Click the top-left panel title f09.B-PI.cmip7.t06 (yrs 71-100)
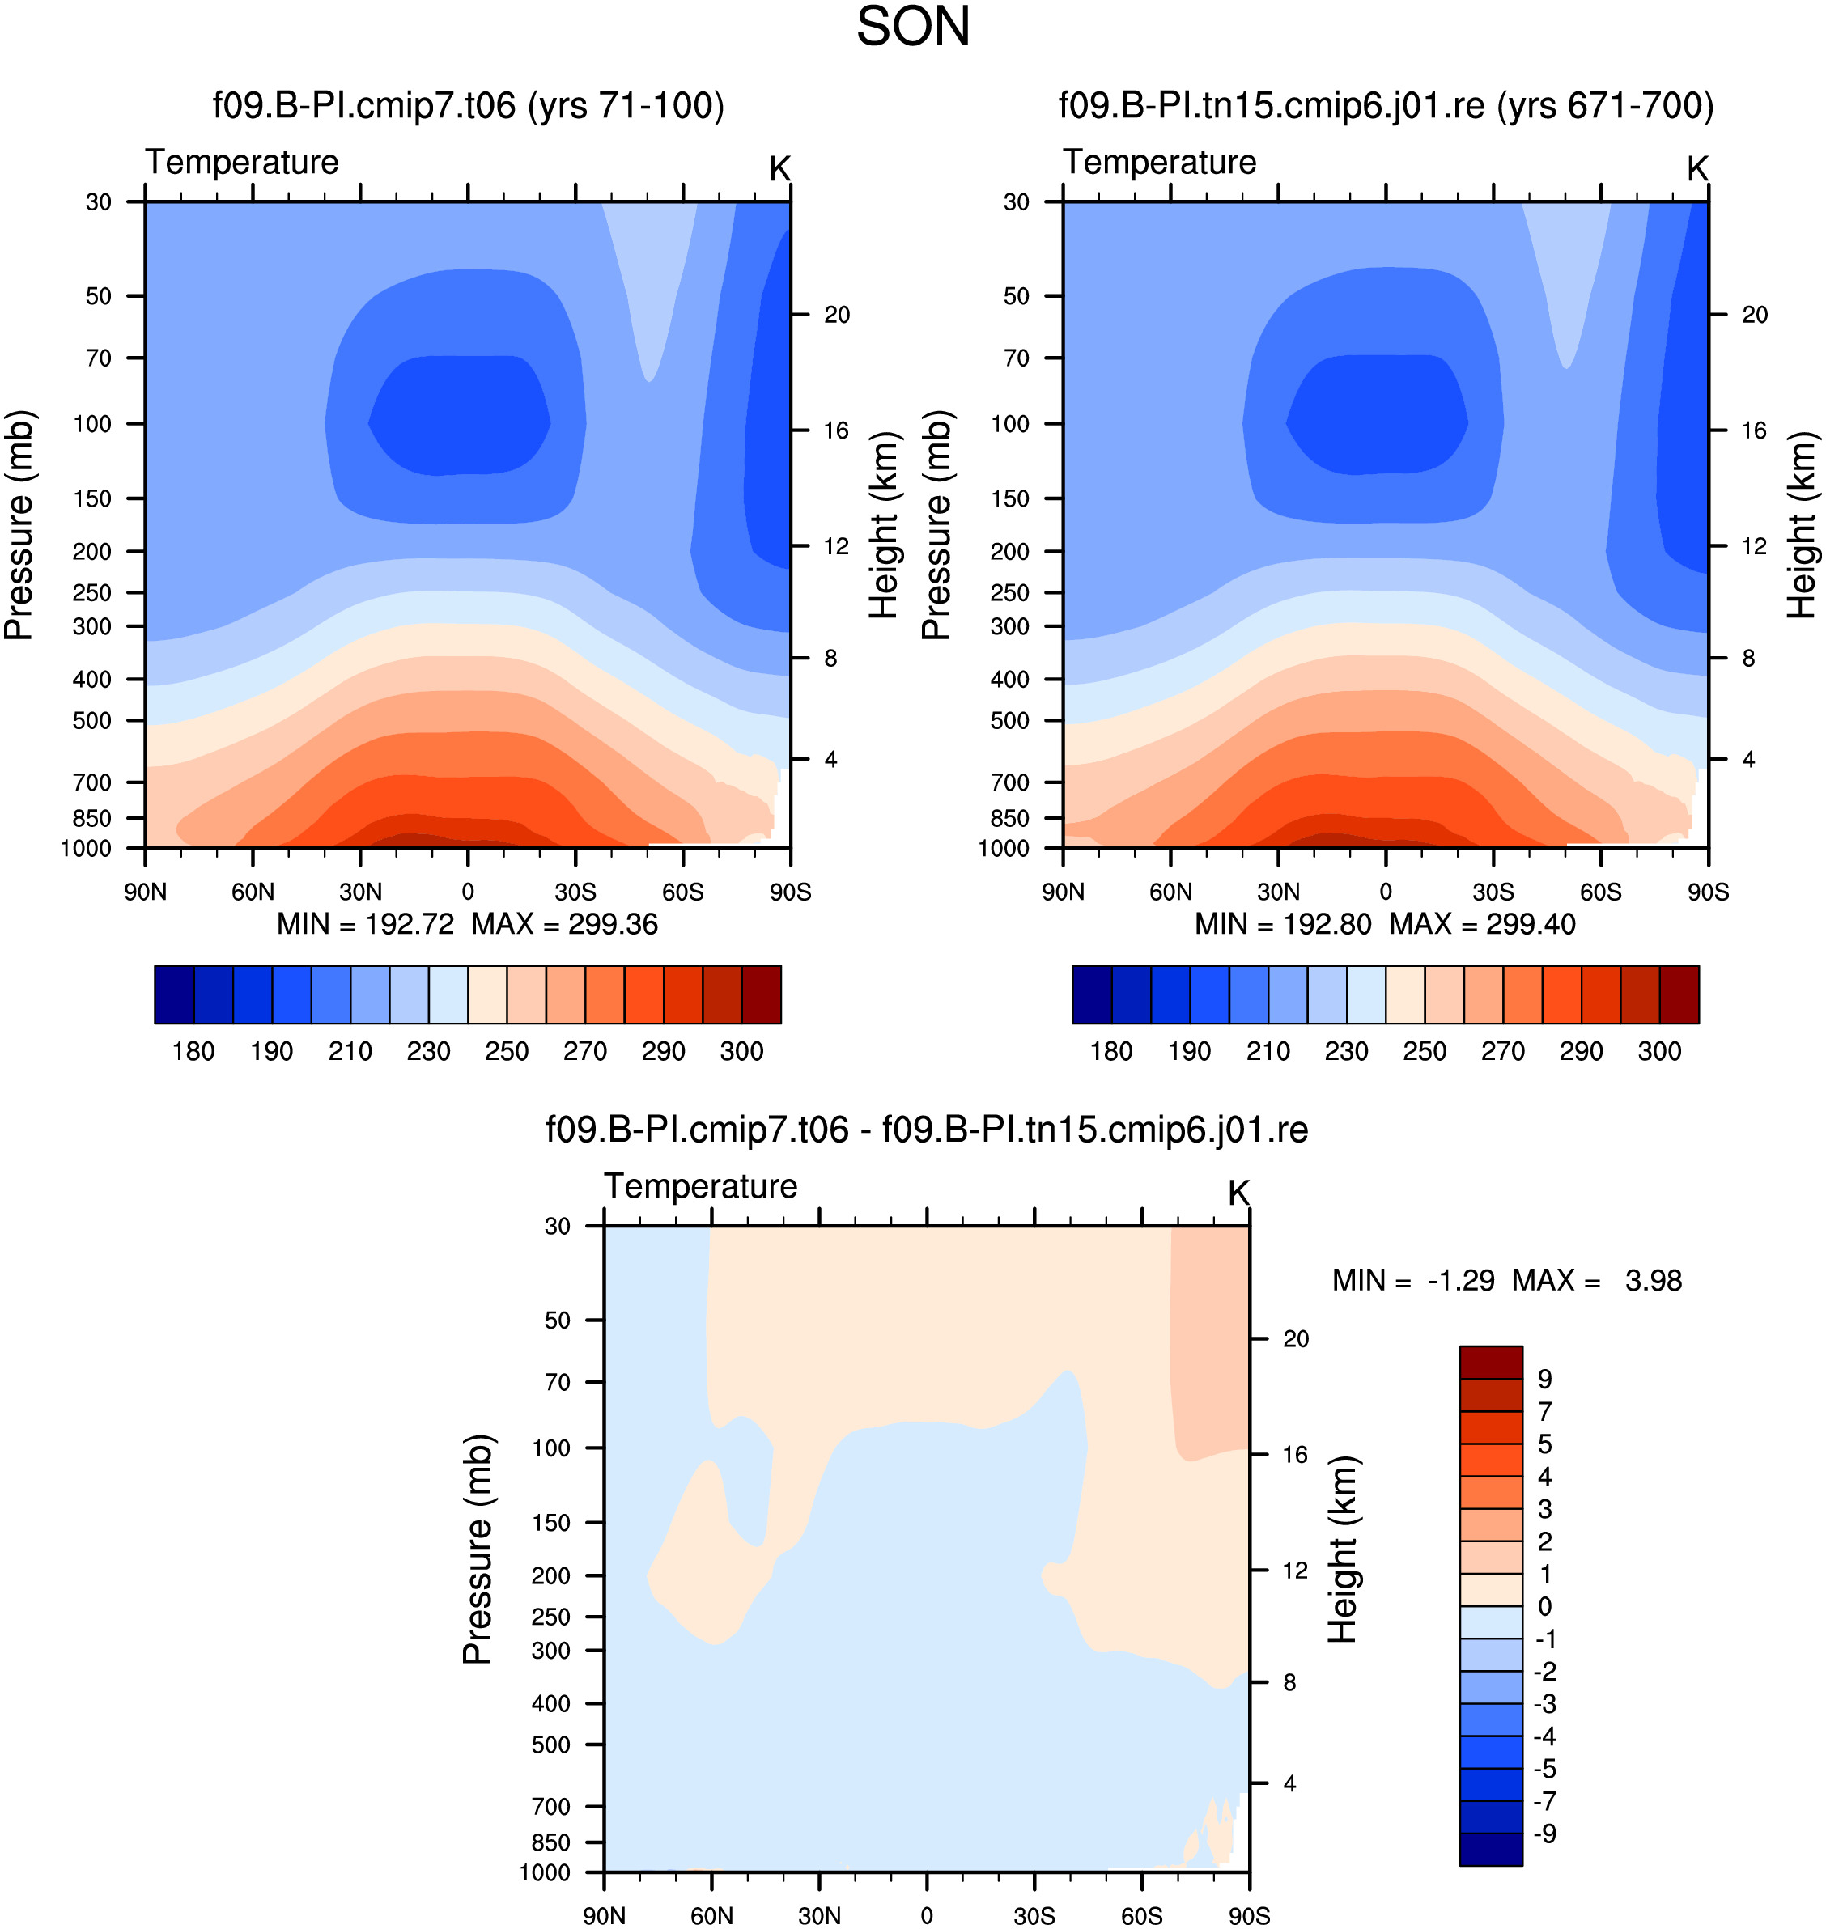[x=468, y=105]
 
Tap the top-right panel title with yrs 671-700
[x=1386, y=105]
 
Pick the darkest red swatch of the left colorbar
[x=761, y=994]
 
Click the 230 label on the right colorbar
[x=1346, y=1051]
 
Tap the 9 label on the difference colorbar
[x=1544, y=1379]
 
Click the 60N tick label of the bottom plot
[x=711, y=1915]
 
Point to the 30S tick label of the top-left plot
[x=575, y=892]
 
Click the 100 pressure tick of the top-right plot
[x=1009, y=423]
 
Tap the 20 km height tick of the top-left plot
[x=837, y=315]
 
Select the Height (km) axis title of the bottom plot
[x=1342, y=1550]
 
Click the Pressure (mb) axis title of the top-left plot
[x=19, y=526]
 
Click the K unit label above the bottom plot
[x=1238, y=1193]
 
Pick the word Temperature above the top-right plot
[x=1159, y=162]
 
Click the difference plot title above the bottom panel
[x=927, y=1129]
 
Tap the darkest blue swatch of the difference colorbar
[x=1491, y=1849]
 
